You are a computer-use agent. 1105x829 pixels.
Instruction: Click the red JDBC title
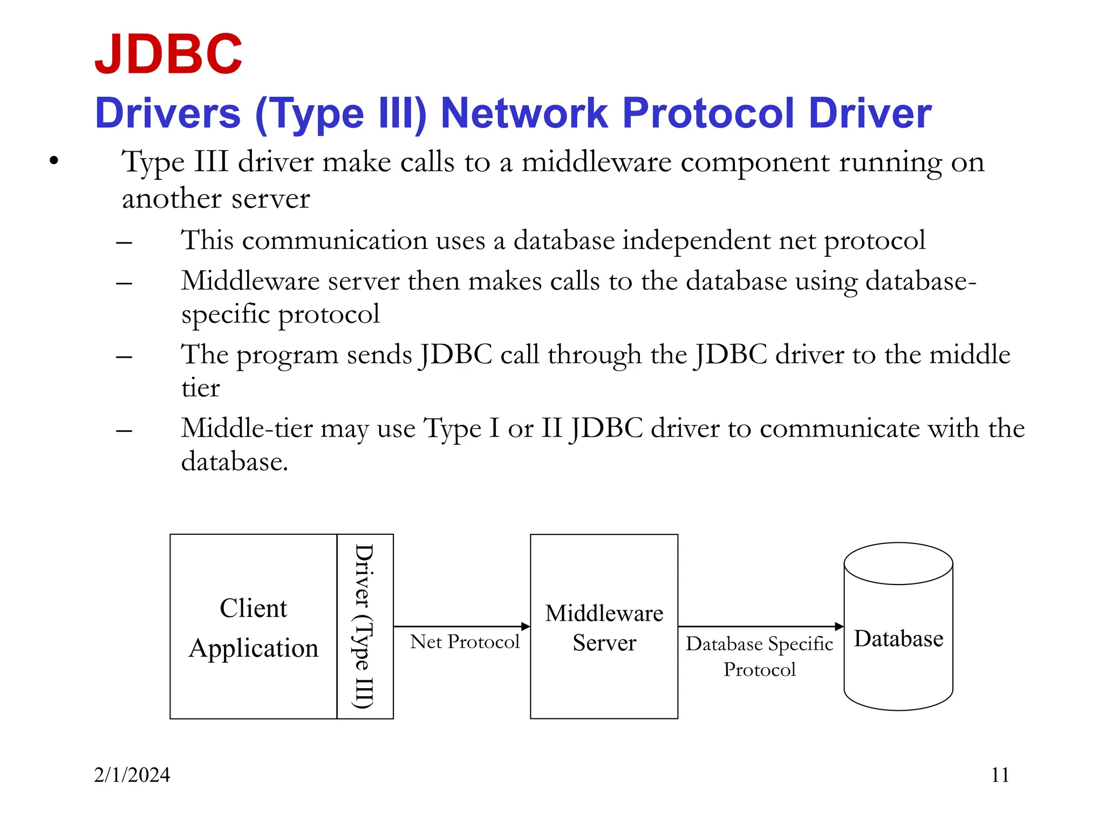[x=168, y=54]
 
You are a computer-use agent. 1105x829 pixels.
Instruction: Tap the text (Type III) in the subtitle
[x=341, y=114]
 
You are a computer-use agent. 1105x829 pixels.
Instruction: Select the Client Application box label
[x=253, y=628]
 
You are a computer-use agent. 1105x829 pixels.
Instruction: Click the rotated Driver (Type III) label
[x=364, y=626]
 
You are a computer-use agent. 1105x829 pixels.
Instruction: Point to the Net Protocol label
[x=464, y=642]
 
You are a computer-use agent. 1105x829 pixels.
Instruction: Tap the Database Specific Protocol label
[x=759, y=656]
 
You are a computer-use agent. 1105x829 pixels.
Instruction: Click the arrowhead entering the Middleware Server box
[x=526, y=627]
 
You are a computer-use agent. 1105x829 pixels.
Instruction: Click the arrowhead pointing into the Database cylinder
[x=839, y=627]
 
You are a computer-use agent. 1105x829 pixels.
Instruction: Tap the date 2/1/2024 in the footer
[x=132, y=775]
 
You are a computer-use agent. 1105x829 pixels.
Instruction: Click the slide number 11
[x=1000, y=775]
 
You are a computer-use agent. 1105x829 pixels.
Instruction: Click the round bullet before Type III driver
[x=53, y=161]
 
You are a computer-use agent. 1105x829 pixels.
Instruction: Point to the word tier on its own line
[x=200, y=388]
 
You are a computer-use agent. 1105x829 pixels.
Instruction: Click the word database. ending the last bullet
[x=234, y=462]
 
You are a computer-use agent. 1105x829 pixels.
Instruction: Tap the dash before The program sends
[x=124, y=357]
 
